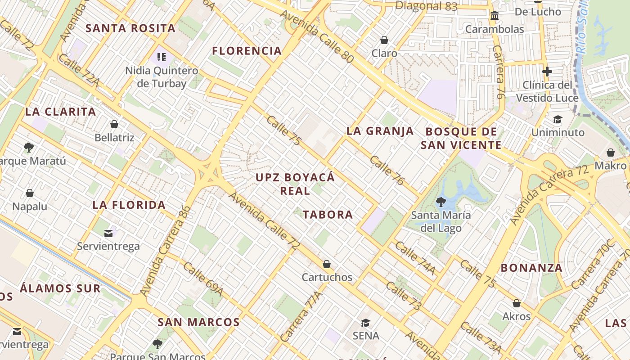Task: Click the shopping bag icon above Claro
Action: tap(384, 40)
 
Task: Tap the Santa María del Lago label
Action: tap(441, 221)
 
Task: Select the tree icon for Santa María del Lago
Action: tap(441, 202)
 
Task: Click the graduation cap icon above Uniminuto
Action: tap(558, 119)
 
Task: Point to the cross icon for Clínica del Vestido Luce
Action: tap(547, 71)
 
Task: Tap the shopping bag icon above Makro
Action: tap(611, 153)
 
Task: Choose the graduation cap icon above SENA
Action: tap(365, 323)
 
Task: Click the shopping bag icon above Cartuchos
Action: tap(327, 264)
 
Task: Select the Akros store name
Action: tap(517, 316)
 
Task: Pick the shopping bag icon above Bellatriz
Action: tap(114, 124)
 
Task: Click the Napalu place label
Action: tap(30, 206)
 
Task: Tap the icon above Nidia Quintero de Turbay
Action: tap(162, 57)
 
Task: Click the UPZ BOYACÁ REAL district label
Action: tap(295, 184)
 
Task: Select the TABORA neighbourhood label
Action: tap(328, 215)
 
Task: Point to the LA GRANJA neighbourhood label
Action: tap(380, 131)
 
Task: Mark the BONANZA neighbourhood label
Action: tap(531, 268)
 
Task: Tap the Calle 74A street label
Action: tap(415, 258)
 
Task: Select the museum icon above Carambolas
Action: tap(495, 16)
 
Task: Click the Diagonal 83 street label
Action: tap(426, 6)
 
